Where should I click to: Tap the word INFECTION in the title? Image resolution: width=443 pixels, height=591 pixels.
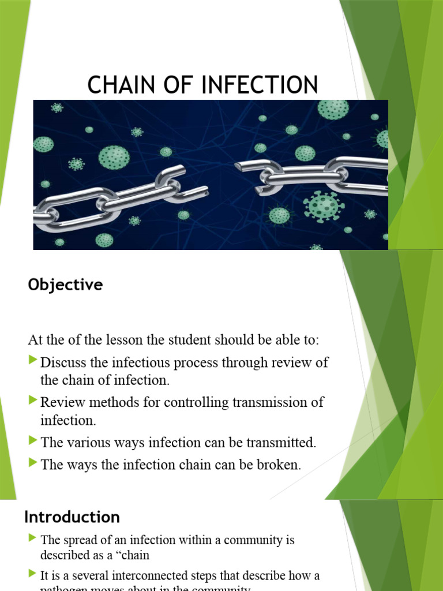(x=261, y=85)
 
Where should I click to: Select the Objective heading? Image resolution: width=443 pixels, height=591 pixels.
(x=65, y=285)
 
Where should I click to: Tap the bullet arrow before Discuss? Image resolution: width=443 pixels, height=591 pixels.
(x=33, y=361)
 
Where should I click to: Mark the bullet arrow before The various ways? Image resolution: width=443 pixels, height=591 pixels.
(x=33, y=442)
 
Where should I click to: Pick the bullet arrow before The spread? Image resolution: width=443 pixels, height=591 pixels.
(x=33, y=539)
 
